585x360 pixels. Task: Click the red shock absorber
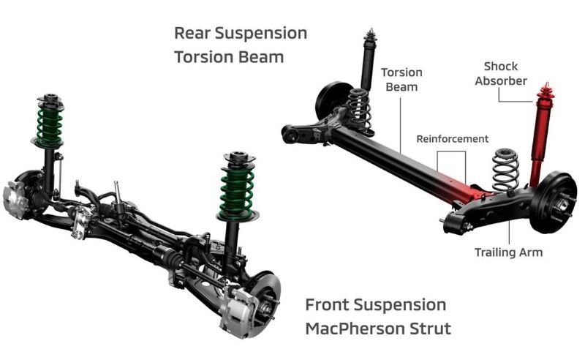pyautogui.click(x=540, y=135)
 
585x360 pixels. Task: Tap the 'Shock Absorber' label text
pyautogui.click(x=501, y=74)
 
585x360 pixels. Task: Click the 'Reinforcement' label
pyautogui.click(x=452, y=139)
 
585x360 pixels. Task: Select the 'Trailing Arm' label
pyautogui.click(x=508, y=252)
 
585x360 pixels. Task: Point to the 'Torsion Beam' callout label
pyautogui.click(x=401, y=80)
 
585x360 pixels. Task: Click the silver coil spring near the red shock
pyautogui.click(x=505, y=169)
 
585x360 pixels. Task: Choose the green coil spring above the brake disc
pyautogui.click(x=237, y=191)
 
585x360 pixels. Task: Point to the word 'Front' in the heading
pyautogui.click(x=327, y=304)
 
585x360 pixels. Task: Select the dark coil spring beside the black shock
pyautogui.click(x=359, y=110)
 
